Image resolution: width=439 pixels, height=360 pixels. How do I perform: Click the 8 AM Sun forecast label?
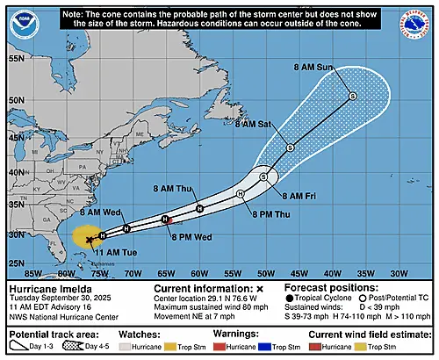[x=314, y=66]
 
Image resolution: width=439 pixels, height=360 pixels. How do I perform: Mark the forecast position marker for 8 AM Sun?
[x=351, y=96]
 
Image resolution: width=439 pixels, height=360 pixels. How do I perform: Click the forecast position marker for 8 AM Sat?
[x=290, y=148]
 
